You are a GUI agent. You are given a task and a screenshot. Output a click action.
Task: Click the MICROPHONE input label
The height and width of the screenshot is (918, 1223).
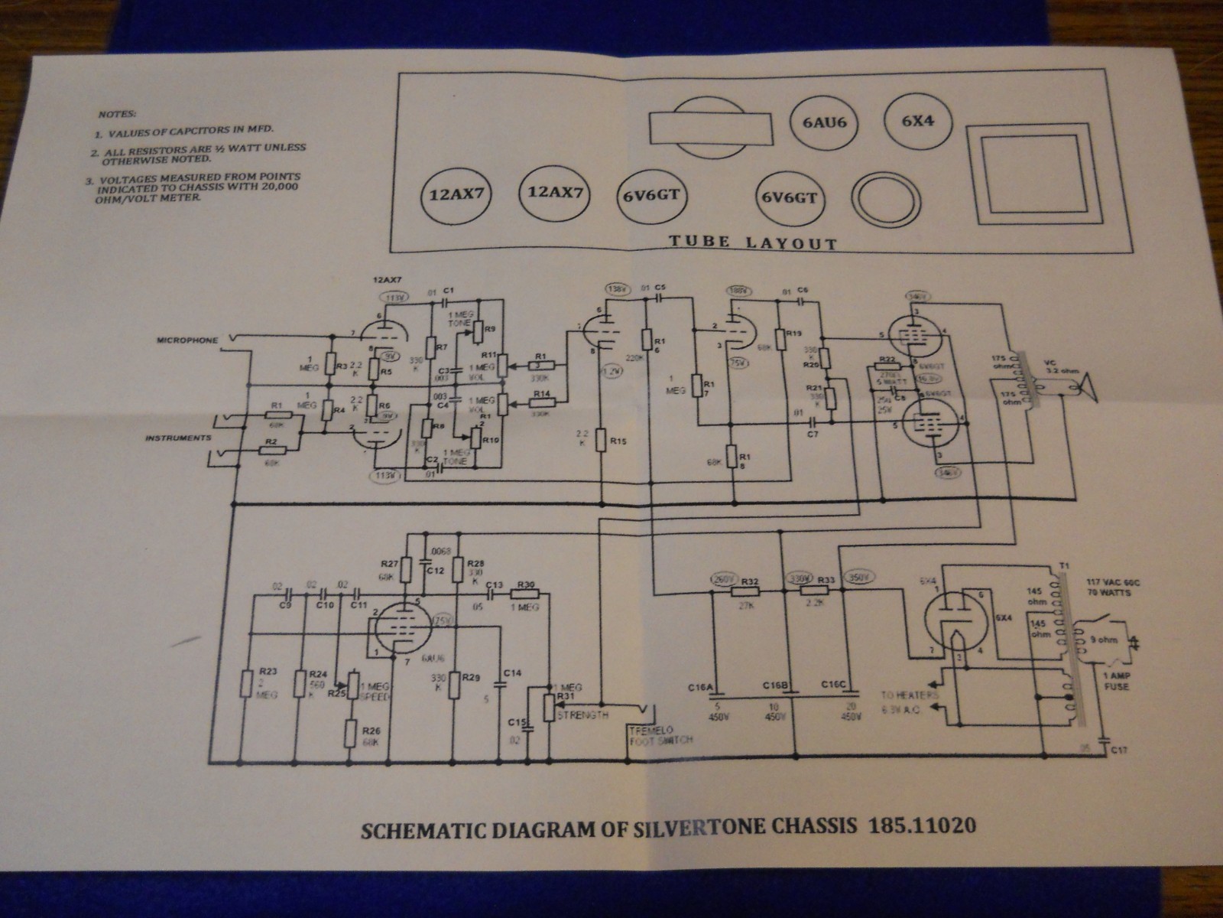[188, 339]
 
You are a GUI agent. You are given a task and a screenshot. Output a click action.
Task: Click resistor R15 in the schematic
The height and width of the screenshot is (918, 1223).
[604, 442]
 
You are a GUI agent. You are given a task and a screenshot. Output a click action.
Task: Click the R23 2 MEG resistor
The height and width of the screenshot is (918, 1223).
[247, 683]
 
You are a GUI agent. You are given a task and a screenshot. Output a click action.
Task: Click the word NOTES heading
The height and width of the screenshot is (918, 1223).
[117, 114]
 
